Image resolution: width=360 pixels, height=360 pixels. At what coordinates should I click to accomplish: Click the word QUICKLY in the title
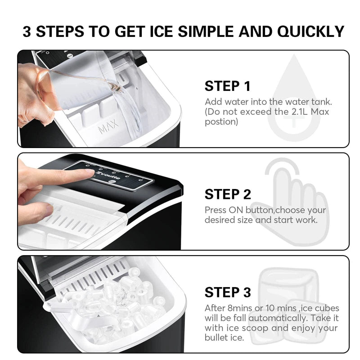[x=310, y=31]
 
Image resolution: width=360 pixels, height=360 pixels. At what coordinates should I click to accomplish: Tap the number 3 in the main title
[x=27, y=31]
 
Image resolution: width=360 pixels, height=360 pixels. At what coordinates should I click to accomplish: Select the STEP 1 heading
[x=227, y=86]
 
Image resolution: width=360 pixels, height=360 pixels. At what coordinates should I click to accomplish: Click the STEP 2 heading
[x=228, y=194]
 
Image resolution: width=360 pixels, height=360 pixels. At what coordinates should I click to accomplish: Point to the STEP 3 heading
[x=228, y=292]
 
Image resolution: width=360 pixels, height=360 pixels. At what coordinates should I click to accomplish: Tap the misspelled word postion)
[x=221, y=122]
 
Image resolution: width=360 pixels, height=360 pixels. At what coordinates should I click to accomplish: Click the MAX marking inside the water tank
[x=108, y=127]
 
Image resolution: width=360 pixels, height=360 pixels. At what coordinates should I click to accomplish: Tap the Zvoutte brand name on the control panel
[x=108, y=175]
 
